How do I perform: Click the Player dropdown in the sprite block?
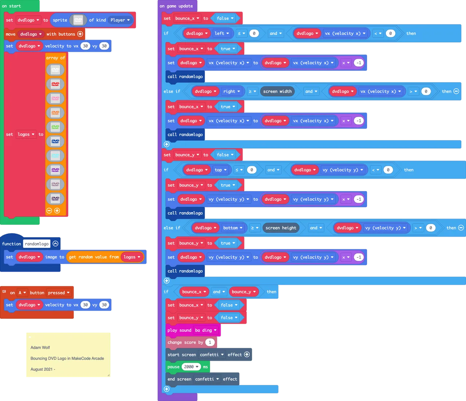click(120, 20)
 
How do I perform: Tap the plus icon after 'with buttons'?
click(80, 34)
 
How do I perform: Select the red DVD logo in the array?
click(55, 84)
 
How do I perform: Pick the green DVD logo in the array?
click(55, 127)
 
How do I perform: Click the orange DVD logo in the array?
click(55, 112)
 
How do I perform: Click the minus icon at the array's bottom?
click(49, 211)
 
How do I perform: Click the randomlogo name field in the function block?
click(37, 244)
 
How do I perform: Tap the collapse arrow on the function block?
click(55, 244)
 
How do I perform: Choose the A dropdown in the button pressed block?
click(22, 293)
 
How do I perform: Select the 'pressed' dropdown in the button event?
click(59, 293)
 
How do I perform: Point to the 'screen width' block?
click(277, 92)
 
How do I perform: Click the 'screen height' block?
click(281, 228)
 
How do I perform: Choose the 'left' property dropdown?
click(222, 34)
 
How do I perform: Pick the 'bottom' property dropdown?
click(233, 228)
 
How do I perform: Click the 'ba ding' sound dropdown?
click(206, 330)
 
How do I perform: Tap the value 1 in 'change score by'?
click(210, 343)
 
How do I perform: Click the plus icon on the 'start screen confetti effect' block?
click(247, 354)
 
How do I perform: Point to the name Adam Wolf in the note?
click(40, 347)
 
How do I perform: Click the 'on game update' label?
click(176, 6)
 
